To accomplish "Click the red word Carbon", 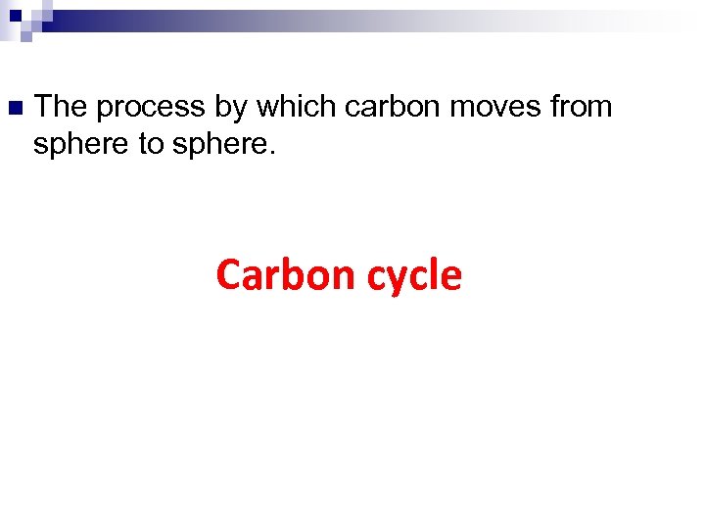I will point(285,274).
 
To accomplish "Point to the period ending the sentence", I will point(273,152).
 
